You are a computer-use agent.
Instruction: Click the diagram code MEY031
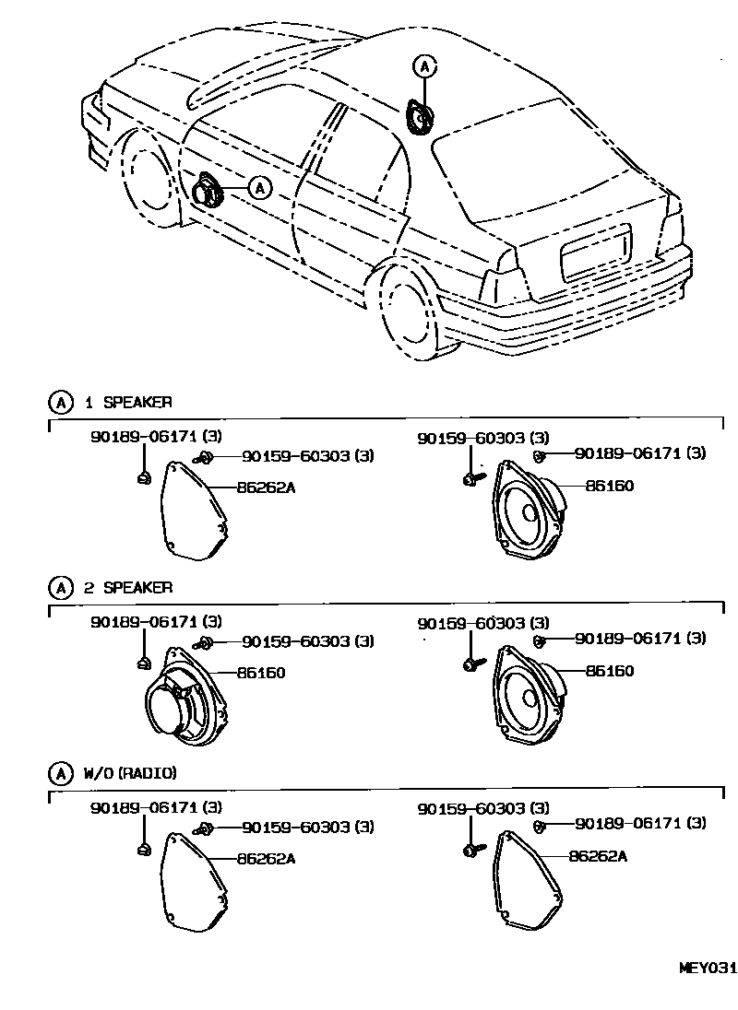click(708, 968)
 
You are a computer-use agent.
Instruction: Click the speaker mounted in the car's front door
click(207, 191)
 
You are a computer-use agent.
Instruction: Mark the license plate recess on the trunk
click(595, 252)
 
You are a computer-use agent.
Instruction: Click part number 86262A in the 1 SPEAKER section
click(266, 487)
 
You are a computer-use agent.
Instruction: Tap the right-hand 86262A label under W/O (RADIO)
click(598, 856)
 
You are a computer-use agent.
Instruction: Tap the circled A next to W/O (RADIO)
click(59, 772)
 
